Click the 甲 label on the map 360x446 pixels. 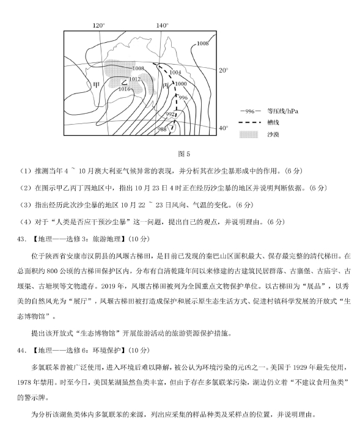(x=96, y=85)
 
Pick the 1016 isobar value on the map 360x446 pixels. (x=125, y=89)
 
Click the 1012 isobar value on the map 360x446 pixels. (x=134, y=79)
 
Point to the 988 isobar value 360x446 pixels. (x=163, y=129)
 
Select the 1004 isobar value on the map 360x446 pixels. (x=176, y=72)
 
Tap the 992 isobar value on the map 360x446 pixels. (x=171, y=114)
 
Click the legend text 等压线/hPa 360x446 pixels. (x=281, y=111)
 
